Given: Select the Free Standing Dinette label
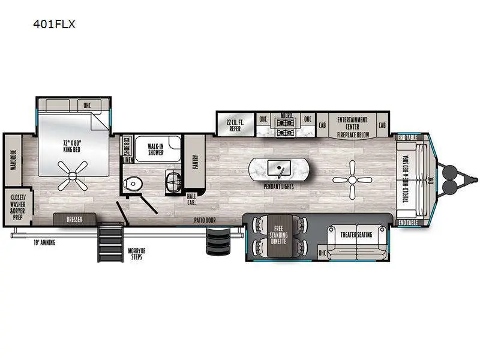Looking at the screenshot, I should click(278, 235).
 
